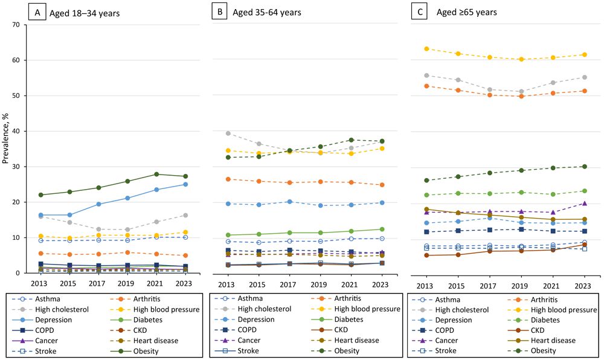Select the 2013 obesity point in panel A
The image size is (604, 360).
40,195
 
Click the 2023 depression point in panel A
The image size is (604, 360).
185,184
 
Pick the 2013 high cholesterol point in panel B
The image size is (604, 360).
228,133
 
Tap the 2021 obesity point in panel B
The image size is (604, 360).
351,140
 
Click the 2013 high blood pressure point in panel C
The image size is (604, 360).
426,49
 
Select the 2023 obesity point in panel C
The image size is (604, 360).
583,167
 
